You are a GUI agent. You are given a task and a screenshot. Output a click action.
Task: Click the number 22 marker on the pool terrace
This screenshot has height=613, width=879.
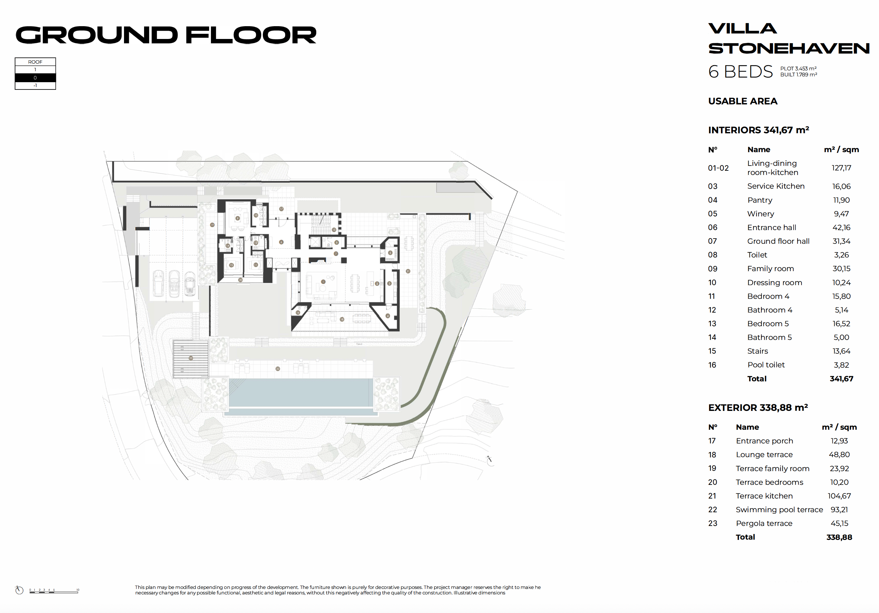[x=277, y=369]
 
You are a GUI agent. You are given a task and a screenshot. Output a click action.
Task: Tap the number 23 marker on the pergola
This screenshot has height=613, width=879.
[x=191, y=358]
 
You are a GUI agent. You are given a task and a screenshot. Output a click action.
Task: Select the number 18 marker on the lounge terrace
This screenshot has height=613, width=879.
[x=342, y=319]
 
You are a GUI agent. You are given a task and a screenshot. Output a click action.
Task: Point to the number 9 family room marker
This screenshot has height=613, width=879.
[x=237, y=218]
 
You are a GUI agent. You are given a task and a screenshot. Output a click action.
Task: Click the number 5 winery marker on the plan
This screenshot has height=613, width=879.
[x=390, y=253]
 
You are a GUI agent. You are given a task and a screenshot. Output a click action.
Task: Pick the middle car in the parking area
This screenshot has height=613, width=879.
[x=174, y=283]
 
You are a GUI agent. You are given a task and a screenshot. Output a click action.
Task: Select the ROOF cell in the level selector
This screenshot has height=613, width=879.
[x=35, y=62]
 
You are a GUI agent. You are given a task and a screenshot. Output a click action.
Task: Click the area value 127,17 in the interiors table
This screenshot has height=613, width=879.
[x=841, y=168]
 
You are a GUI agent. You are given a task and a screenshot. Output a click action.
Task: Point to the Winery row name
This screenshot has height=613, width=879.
[x=760, y=214]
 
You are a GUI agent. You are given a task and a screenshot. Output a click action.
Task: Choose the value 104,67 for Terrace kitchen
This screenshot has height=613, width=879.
[x=839, y=496]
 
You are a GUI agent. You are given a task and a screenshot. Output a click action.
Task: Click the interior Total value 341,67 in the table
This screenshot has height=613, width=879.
[x=841, y=379]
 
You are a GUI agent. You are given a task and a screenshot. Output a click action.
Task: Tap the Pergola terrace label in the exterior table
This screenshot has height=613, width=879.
[x=764, y=523]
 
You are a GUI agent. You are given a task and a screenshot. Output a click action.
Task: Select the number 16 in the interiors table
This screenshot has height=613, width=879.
[x=712, y=365]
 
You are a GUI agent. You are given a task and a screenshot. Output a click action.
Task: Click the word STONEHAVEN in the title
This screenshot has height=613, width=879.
[x=789, y=49]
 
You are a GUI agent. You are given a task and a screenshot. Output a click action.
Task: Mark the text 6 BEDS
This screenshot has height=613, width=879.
[x=740, y=72]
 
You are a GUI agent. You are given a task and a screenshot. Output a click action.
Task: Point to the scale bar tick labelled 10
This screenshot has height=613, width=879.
[x=78, y=590]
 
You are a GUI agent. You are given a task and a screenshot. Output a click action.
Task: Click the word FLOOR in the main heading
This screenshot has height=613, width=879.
[x=251, y=35]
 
